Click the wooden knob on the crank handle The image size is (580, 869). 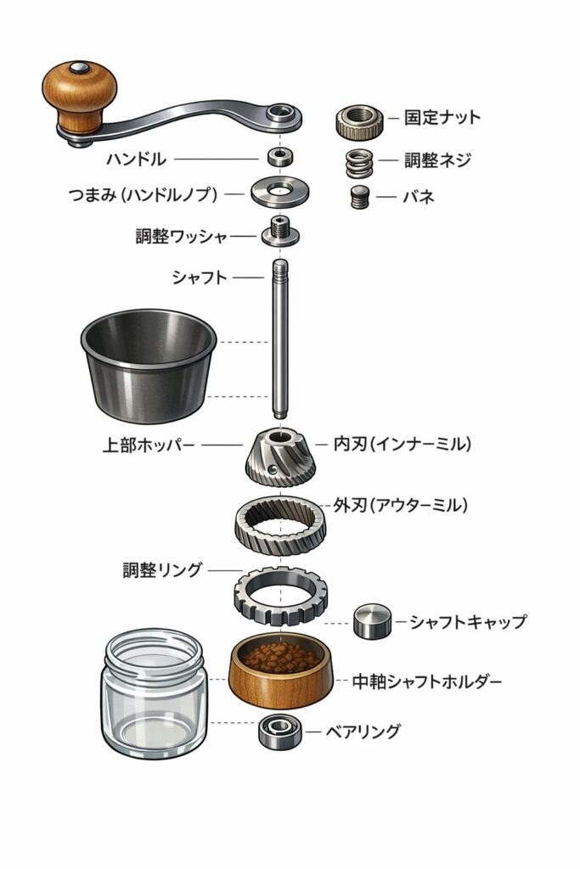pos(80,95)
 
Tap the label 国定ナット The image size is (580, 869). pos(442,117)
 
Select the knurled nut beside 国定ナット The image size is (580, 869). pos(360,122)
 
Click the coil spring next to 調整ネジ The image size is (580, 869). pos(360,164)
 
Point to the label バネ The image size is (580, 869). pos(418,197)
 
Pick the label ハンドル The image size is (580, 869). pos(137,160)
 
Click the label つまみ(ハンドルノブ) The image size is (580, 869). pos(143,194)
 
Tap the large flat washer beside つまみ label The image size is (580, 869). pos(280,192)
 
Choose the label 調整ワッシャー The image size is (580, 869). pos(182,237)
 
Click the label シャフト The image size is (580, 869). pos(200,278)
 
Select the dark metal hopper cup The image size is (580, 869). pos(148,365)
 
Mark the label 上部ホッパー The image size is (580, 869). pos(149,445)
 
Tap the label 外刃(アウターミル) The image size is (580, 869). pos(400,506)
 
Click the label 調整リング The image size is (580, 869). pos(162,569)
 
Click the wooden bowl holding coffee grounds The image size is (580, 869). pos(281,671)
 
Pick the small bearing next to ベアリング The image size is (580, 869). pos(280,732)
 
